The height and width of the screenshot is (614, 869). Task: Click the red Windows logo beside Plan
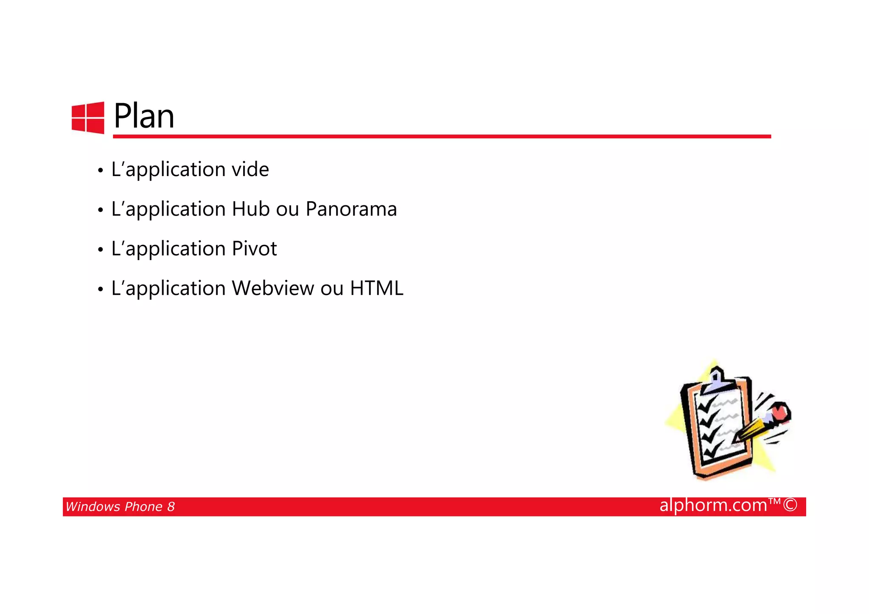point(88,118)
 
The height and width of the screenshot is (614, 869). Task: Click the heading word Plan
point(144,116)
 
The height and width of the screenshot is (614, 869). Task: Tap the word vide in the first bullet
point(250,170)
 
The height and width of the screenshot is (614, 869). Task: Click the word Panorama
point(351,209)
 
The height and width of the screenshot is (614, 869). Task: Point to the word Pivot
point(254,249)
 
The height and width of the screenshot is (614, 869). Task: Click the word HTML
point(376,289)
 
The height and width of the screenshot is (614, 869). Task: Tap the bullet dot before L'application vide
point(100,171)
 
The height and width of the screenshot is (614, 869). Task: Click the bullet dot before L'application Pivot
point(100,250)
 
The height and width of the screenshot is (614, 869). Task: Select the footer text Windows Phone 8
point(120,507)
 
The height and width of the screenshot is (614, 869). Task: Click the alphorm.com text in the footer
point(713,505)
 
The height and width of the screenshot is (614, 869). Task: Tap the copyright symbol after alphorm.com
point(790,505)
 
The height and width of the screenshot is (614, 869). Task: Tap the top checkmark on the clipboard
point(706,405)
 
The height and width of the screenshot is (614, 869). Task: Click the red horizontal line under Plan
point(441,136)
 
